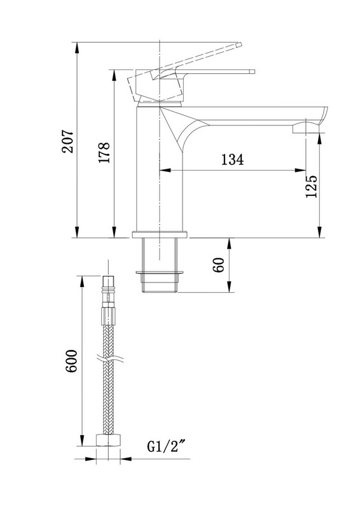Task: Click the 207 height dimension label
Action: click(x=68, y=141)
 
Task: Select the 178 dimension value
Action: click(x=104, y=152)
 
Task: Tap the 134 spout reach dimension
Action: click(x=232, y=160)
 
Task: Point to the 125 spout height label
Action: click(x=311, y=186)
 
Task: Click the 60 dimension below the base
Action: click(x=218, y=265)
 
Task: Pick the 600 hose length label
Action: click(x=71, y=361)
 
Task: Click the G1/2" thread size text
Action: click(x=168, y=447)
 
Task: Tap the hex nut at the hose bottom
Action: click(x=108, y=440)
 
